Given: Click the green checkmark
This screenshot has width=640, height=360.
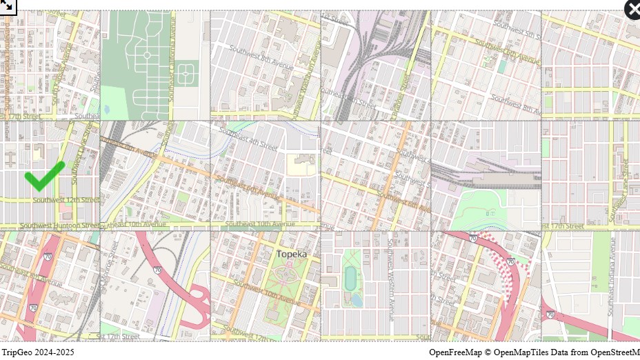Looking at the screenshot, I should point(44,176).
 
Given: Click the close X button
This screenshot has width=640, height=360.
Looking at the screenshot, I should point(633,10).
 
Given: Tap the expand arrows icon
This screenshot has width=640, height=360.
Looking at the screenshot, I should point(8,6).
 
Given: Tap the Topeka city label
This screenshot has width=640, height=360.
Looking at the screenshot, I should point(291,254).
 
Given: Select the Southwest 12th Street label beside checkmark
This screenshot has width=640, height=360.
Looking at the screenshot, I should point(66,200).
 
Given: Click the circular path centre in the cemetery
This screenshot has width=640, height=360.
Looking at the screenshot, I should point(146,55).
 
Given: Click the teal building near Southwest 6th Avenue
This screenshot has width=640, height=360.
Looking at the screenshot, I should point(501,66).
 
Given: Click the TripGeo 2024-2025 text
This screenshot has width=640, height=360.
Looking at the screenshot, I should point(38,352).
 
